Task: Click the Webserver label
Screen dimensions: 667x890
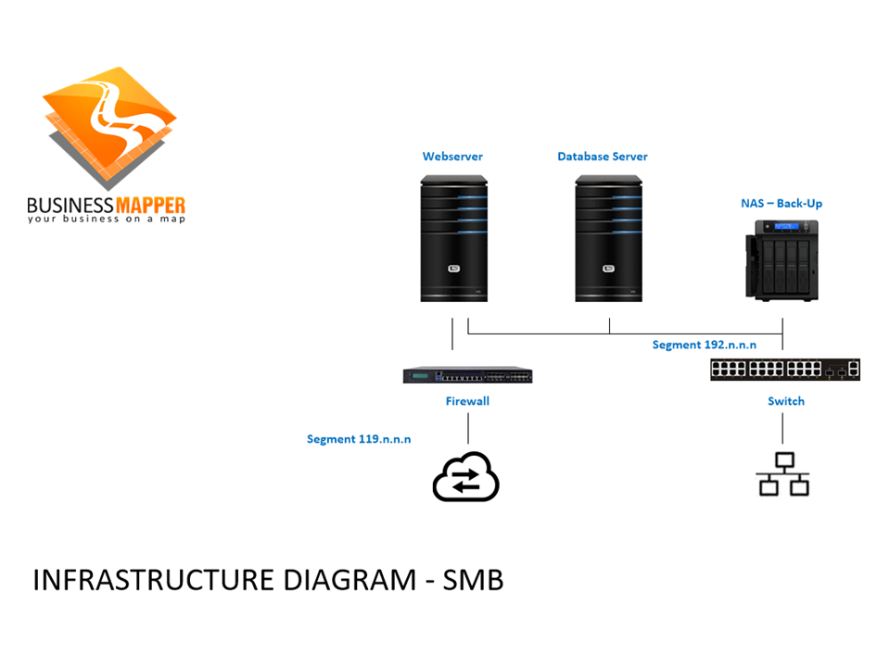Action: click(452, 157)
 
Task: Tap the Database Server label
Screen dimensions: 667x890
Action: click(602, 157)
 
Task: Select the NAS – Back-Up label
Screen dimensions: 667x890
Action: click(781, 203)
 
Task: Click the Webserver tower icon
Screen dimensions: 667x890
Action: click(453, 238)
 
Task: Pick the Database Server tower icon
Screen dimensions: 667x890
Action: click(608, 238)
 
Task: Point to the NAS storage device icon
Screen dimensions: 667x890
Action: click(782, 260)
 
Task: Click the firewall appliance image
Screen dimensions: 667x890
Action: click(467, 375)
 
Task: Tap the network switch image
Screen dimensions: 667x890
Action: click(785, 368)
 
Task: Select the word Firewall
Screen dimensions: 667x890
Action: click(467, 401)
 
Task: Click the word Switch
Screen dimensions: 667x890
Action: click(785, 401)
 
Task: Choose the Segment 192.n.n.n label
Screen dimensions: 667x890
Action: click(704, 345)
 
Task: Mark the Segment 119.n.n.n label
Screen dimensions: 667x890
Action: click(359, 438)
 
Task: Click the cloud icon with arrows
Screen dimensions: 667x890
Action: click(466, 477)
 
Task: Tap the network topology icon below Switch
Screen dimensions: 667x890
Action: click(783, 474)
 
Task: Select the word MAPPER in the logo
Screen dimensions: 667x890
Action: click(149, 205)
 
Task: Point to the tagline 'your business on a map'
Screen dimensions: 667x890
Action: click(106, 220)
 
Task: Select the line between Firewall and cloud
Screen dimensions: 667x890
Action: click(467, 428)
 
